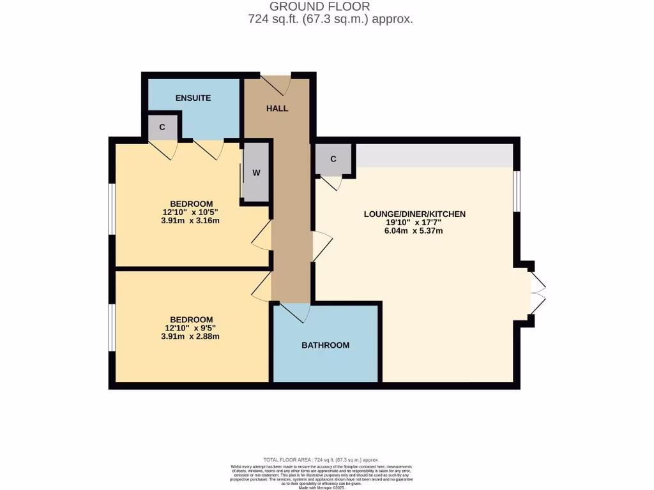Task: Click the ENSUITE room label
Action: pyautogui.click(x=193, y=98)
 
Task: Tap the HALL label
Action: pyautogui.click(x=277, y=108)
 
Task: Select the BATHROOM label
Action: pyautogui.click(x=326, y=345)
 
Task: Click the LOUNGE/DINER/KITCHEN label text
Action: pyautogui.click(x=414, y=214)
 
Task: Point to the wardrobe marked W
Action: pyautogui.click(x=256, y=173)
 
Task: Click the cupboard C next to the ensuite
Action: pyautogui.click(x=162, y=127)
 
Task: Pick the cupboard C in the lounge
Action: pyautogui.click(x=333, y=159)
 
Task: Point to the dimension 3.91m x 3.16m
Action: pyautogui.click(x=191, y=221)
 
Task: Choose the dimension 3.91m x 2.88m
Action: pyautogui.click(x=191, y=336)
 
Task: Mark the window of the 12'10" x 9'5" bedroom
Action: pyautogui.click(x=111, y=327)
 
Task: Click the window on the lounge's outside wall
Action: pyautogui.click(x=517, y=190)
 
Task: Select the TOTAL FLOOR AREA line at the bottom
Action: pyautogui.click(x=321, y=459)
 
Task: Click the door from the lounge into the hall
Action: pyautogui.click(x=323, y=246)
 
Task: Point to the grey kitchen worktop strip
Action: pyautogui.click(x=434, y=155)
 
